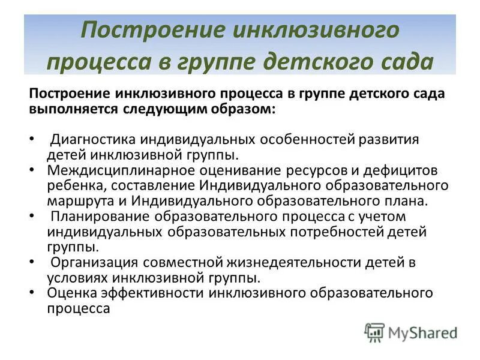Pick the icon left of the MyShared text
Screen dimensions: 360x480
click(374, 332)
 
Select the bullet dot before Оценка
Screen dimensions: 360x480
click(32, 293)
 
